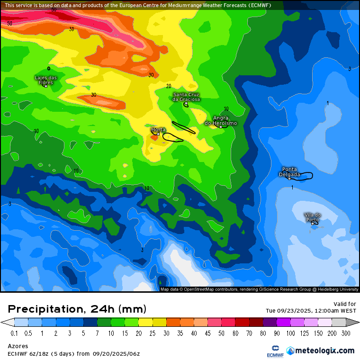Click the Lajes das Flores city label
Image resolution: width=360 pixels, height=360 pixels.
pyautogui.click(x=46, y=80)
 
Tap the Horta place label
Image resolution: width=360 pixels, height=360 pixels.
pyautogui.click(x=158, y=129)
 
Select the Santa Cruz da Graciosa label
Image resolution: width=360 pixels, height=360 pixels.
pyautogui.click(x=186, y=97)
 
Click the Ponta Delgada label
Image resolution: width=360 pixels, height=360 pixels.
pyautogui.click(x=289, y=171)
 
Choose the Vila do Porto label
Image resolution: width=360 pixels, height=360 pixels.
pyautogui.click(x=313, y=217)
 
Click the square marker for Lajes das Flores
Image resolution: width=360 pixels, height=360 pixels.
pyautogui.click(x=46, y=86)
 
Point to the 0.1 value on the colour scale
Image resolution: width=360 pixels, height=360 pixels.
pyautogui.click(x=15, y=333)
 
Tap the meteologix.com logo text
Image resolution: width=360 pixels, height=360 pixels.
pyautogui.click(x=324, y=351)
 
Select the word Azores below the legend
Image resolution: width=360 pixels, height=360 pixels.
pyautogui.click(x=18, y=346)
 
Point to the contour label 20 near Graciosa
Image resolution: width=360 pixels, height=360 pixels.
pyautogui.click(x=169, y=86)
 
